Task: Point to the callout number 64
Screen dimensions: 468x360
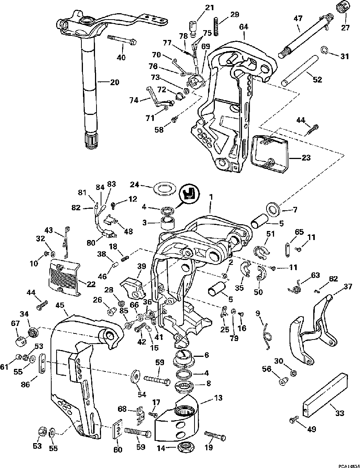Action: point(244,27)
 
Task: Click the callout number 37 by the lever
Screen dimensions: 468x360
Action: point(348,287)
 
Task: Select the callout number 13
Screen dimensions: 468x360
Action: point(218,398)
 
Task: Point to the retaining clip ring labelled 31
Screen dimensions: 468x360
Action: point(325,50)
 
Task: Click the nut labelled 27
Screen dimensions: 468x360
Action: point(342,7)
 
